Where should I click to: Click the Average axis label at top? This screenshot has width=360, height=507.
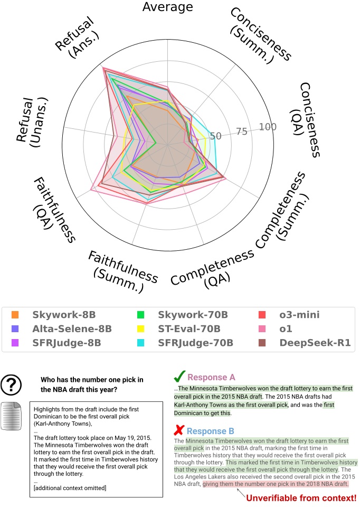point(168,7)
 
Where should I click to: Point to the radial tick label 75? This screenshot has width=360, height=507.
point(242,132)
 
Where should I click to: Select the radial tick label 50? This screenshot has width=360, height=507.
point(215,136)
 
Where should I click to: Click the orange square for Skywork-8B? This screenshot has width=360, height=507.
point(16,315)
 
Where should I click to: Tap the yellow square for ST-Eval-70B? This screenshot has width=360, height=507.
point(141,329)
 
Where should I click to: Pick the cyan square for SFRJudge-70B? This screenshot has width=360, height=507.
point(141,343)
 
